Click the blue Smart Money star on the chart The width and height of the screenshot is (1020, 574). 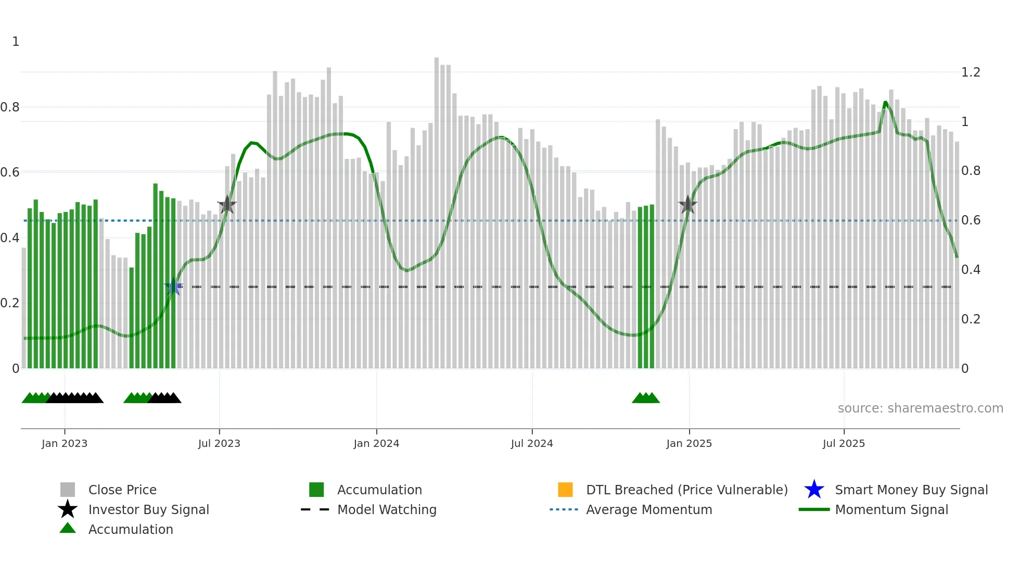[x=173, y=286]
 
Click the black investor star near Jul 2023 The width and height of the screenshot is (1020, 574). [x=227, y=205]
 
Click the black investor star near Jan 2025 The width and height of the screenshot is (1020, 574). [x=688, y=205]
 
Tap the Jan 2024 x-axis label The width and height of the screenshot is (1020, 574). [x=376, y=443]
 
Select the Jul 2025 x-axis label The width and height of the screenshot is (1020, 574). [x=844, y=443]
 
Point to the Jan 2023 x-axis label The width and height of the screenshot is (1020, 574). [x=65, y=443]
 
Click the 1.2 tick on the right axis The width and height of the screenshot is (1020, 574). [x=971, y=72]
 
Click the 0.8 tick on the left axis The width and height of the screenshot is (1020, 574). [x=10, y=107]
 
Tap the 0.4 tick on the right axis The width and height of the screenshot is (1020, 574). [x=971, y=270]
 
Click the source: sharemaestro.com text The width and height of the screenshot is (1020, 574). [x=920, y=408]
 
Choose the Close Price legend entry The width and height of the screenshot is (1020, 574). [x=122, y=490]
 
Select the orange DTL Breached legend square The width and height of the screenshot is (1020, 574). [x=565, y=490]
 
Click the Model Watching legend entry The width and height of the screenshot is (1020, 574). [x=387, y=509]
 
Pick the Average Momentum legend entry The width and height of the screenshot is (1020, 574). [x=648, y=509]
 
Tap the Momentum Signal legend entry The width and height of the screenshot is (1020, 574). [x=891, y=509]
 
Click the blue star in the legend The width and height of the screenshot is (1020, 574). [x=814, y=490]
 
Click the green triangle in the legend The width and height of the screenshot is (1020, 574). [x=68, y=528]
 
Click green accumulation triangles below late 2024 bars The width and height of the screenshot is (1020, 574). [x=646, y=398]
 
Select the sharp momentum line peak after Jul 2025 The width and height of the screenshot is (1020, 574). [x=886, y=103]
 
